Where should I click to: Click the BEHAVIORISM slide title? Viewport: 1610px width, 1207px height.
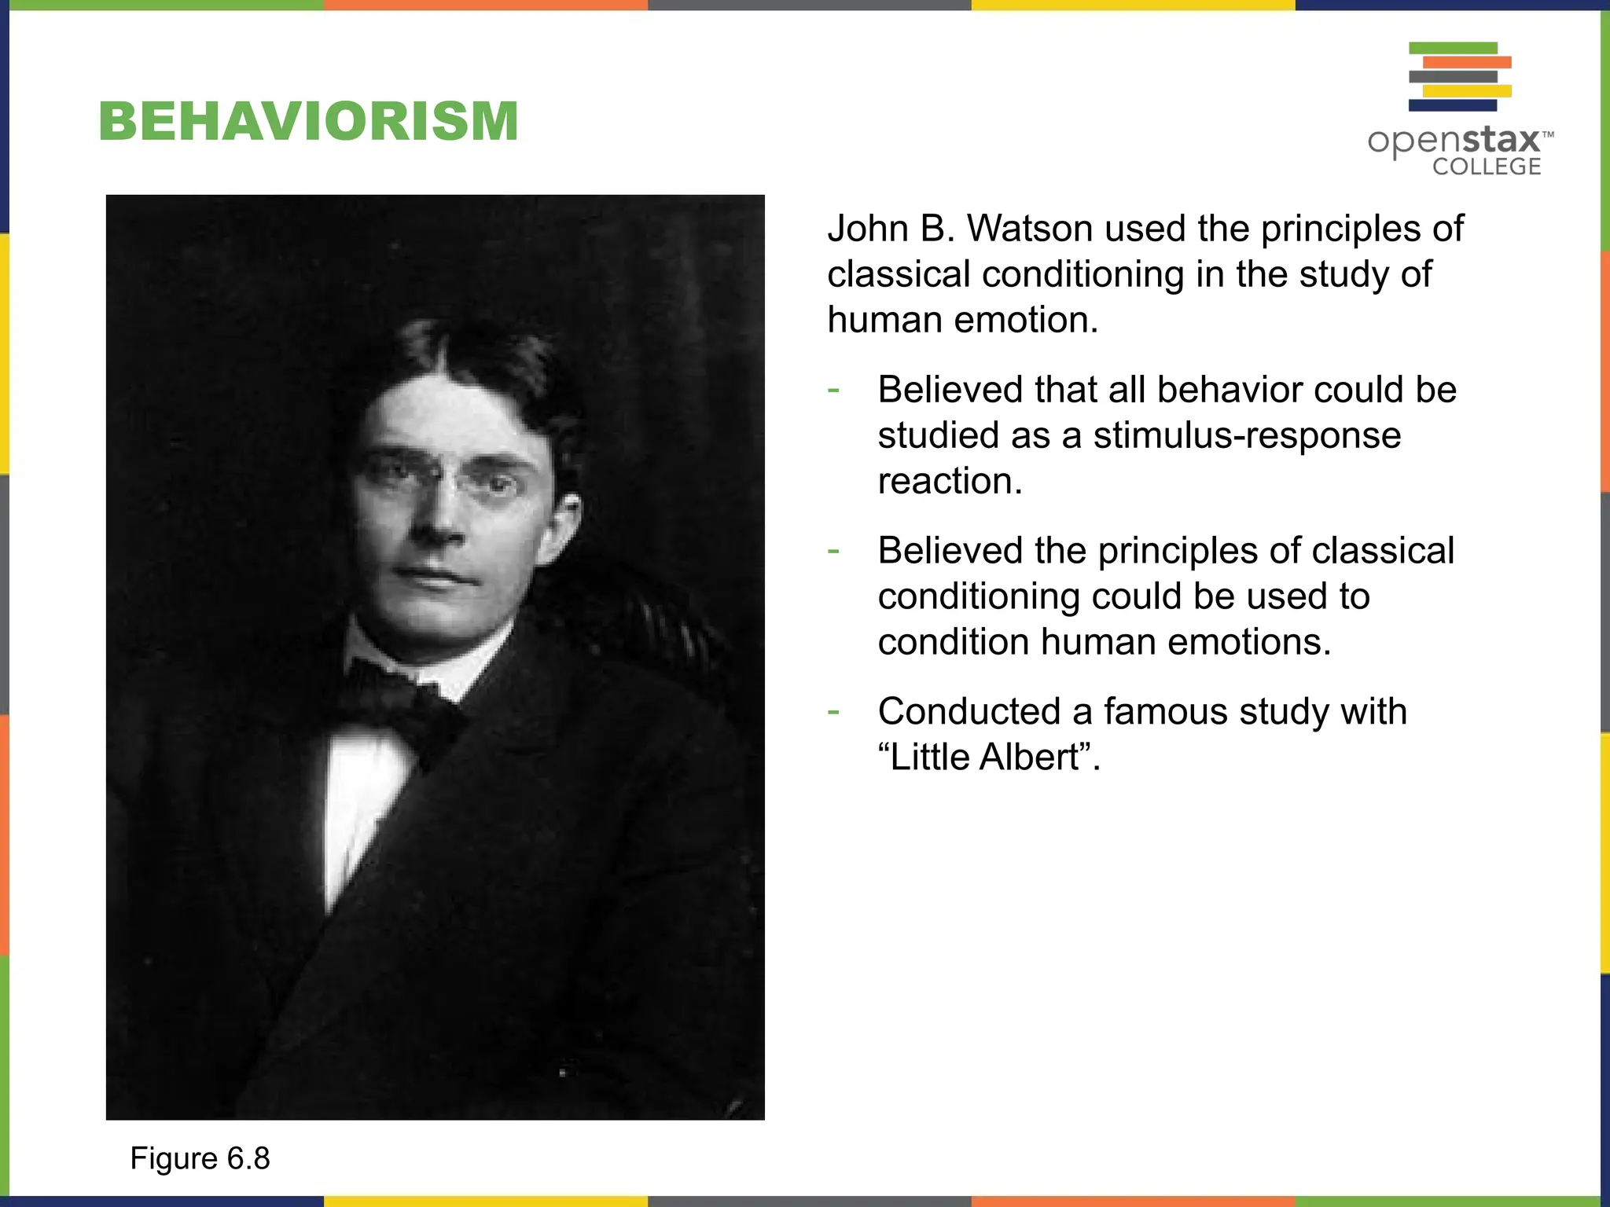pyautogui.click(x=308, y=122)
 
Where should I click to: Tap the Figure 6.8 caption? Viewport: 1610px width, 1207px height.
pyautogui.click(x=200, y=1158)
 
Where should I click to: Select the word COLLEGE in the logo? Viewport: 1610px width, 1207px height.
pyautogui.click(x=1486, y=167)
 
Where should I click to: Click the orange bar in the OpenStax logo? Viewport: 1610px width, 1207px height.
pyautogui.click(x=1467, y=62)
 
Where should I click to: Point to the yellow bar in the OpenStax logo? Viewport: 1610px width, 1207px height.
pyautogui.click(x=1467, y=91)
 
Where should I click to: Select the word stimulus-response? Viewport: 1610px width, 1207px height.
pyautogui.click(x=1247, y=435)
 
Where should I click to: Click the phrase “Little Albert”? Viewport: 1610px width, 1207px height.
pyautogui.click(x=987, y=758)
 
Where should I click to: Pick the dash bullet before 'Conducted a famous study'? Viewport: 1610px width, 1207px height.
pyautogui.click(x=833, y=712)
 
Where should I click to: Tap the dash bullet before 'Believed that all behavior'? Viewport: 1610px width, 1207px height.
pyautogui.click(x=833, y=390)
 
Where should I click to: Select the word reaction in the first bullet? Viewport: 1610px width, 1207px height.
pyautogui.click(x=949, y=481)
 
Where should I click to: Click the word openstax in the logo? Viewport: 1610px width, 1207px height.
pyautogui.click(x=1454, y=141)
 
